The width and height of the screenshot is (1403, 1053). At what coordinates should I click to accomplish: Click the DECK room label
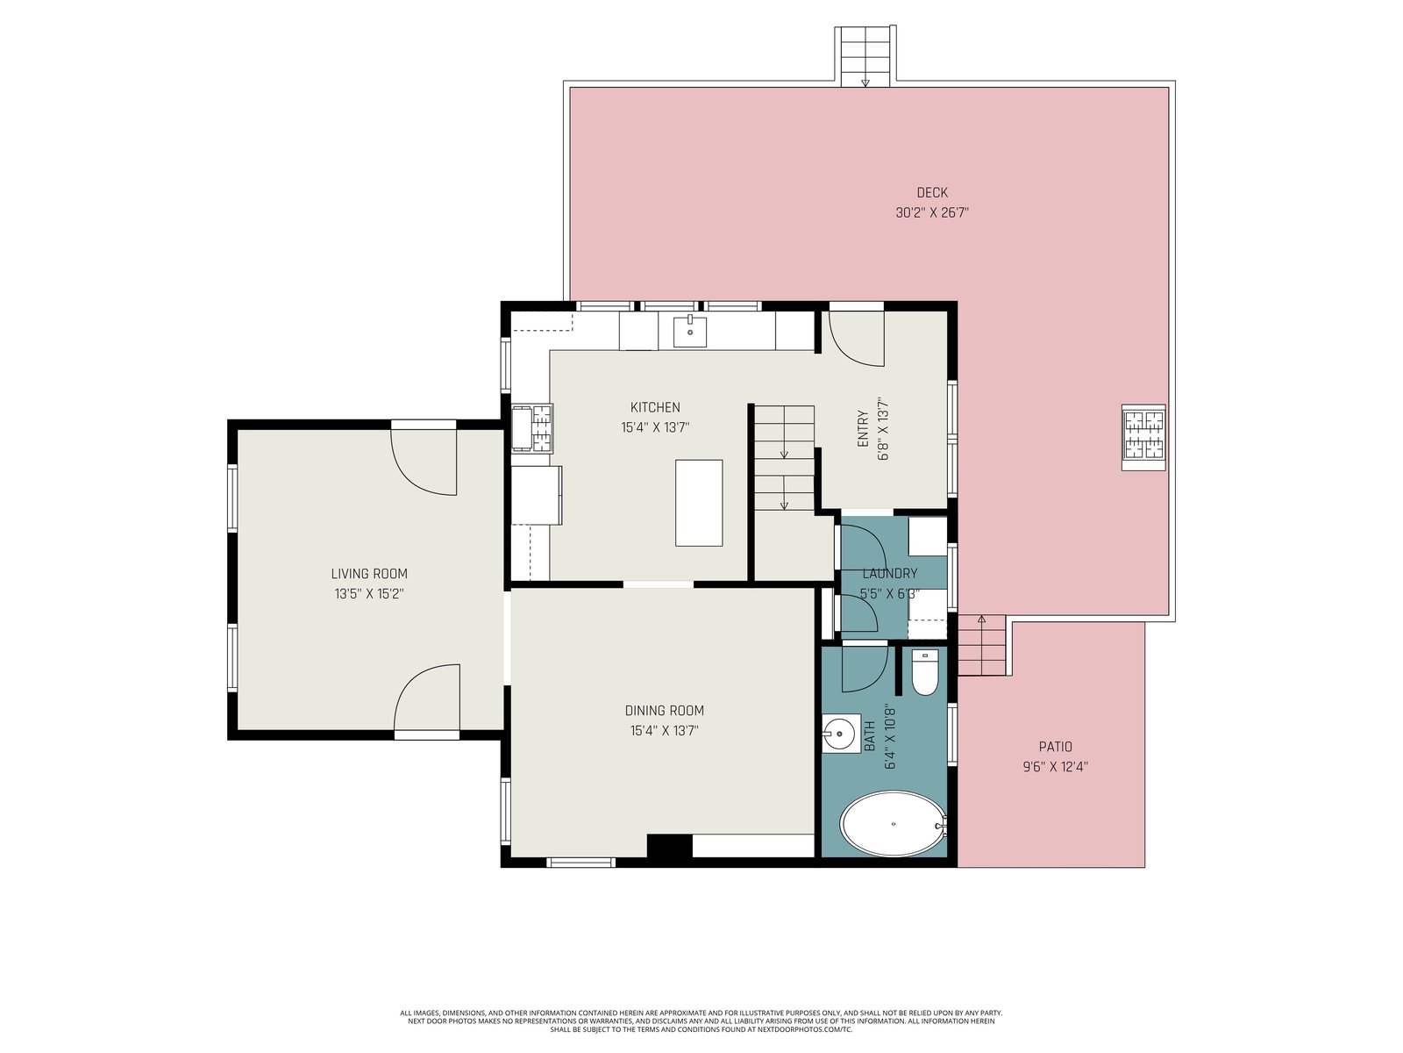point(932,192)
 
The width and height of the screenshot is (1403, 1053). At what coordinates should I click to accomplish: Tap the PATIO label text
point(1055,746)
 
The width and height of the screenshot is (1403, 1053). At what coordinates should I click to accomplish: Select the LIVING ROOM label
point(369,574)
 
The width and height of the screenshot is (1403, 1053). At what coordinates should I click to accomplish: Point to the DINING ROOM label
point(664,710)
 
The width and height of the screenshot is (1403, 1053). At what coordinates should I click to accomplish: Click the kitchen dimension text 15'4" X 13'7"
point(655,427)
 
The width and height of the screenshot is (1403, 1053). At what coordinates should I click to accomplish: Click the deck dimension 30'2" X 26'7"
point(932,212)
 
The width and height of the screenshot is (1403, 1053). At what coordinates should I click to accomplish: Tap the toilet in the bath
point(924,672)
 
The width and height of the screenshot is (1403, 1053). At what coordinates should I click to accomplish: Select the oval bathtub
point(893,824)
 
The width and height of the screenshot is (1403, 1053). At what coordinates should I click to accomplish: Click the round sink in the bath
point(840,734)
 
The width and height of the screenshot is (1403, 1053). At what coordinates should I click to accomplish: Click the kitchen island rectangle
point(699,503)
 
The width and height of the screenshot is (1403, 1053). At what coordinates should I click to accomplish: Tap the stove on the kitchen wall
point(531,428)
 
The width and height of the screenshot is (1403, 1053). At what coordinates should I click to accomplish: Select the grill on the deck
point(1143,438)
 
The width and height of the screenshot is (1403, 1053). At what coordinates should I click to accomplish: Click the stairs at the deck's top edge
point(865,55)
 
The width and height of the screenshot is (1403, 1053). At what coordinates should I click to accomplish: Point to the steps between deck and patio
point(982,646)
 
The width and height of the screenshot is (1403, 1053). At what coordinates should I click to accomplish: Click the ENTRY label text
point(863,428)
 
